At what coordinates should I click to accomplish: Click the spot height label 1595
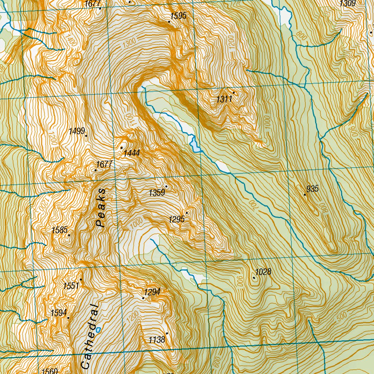point(178,15)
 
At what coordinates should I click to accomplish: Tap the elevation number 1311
point(224,99)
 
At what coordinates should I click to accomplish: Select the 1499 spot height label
point(77,131)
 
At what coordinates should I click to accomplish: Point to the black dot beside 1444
point(122,148)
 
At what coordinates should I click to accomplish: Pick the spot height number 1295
point(177,219)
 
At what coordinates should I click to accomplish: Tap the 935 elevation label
point(313,189)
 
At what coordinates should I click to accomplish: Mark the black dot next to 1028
point(254,278)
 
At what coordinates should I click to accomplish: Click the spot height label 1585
point(60,230)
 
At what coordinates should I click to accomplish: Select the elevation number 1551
point(71,286)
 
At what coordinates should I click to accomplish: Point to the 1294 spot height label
point(152,292)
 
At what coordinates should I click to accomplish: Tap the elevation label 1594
point(59,313)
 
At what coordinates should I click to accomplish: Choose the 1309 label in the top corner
point(347,4)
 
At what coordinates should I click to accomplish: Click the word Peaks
point(101,208)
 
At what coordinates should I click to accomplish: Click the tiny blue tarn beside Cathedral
point(98,329)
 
